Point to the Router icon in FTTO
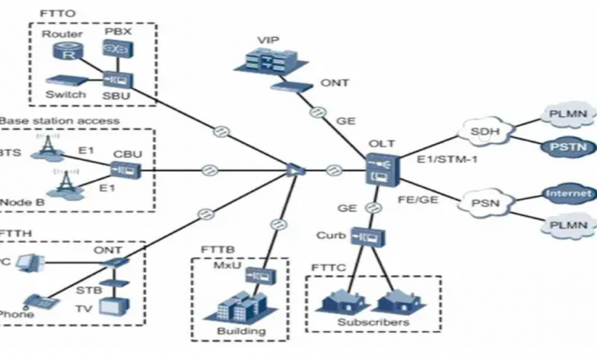(x=61, y=51)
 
